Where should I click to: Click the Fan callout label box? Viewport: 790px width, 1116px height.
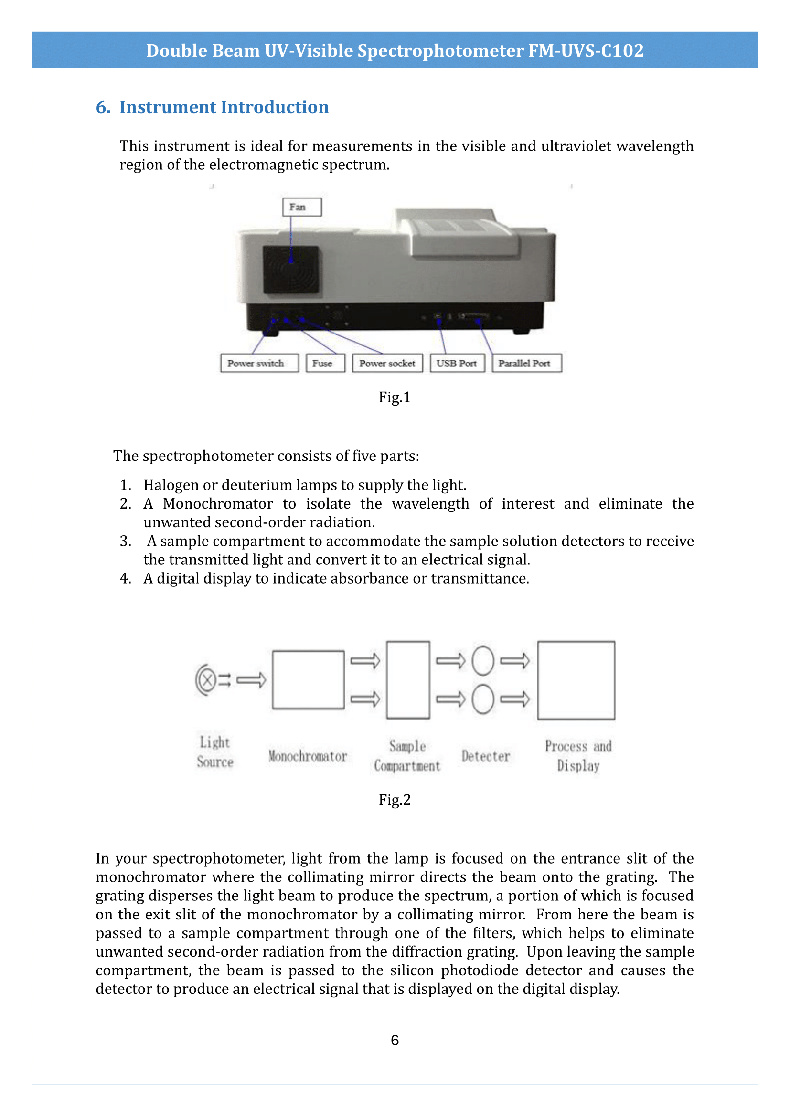pos(301,207)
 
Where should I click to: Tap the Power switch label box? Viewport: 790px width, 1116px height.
pos(259,363)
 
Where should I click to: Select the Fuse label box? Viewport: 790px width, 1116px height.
pos(325,363)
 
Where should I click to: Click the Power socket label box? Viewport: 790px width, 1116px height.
pos(387,363)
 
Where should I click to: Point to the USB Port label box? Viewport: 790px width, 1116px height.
pos(457,363)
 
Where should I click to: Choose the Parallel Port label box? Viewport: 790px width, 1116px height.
pos(526,363)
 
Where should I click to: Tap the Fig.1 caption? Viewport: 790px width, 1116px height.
pos(395,397)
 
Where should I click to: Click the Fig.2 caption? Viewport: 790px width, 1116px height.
pos(395,800)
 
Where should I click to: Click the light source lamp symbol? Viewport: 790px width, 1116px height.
pos(207,679)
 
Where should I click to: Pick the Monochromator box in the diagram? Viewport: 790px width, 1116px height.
pos(308,679)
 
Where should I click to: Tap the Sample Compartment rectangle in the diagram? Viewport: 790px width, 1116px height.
pos(407,679)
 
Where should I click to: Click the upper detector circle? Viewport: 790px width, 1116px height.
pos(482,660)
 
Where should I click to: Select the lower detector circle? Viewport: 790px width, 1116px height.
pos(482,699)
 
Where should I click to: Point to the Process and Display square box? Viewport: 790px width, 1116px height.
pos(576,679)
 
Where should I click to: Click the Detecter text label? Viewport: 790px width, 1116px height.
pos(485,756)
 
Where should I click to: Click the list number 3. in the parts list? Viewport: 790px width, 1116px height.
pos(126,541)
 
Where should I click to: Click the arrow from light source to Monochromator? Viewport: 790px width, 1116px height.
pos(251,679)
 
